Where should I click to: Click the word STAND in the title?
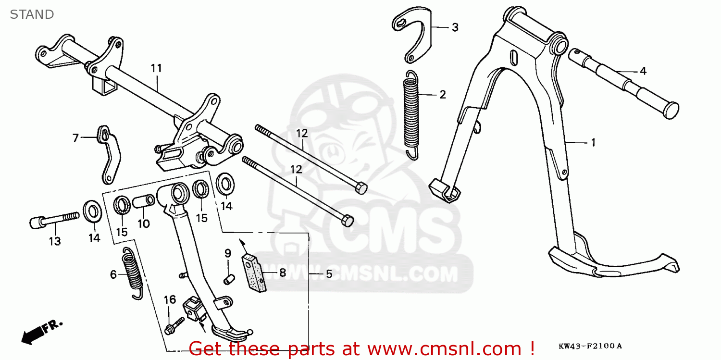[32, 14]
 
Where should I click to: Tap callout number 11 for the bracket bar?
[156, 68]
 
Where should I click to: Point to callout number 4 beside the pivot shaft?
[643, 72]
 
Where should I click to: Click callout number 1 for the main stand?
[593, 142]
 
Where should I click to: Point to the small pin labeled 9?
[229, 277]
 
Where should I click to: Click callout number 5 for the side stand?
[329, 274]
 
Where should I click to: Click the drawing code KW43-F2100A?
[590, 346]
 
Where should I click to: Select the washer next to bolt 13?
[92, 212]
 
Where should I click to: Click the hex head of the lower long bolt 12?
[347, 221]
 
